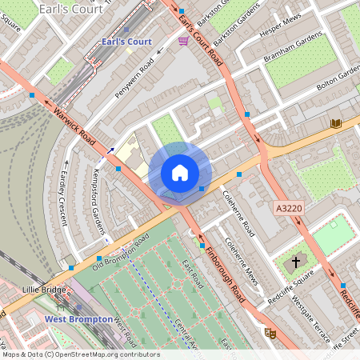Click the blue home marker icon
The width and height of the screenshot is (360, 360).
[180, 172]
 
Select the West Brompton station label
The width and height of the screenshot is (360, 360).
[78, 319]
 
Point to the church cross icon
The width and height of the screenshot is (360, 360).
[296, 262]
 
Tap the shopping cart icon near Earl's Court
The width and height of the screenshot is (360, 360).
[183, 40]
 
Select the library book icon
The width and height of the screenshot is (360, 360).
[336, 122]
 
